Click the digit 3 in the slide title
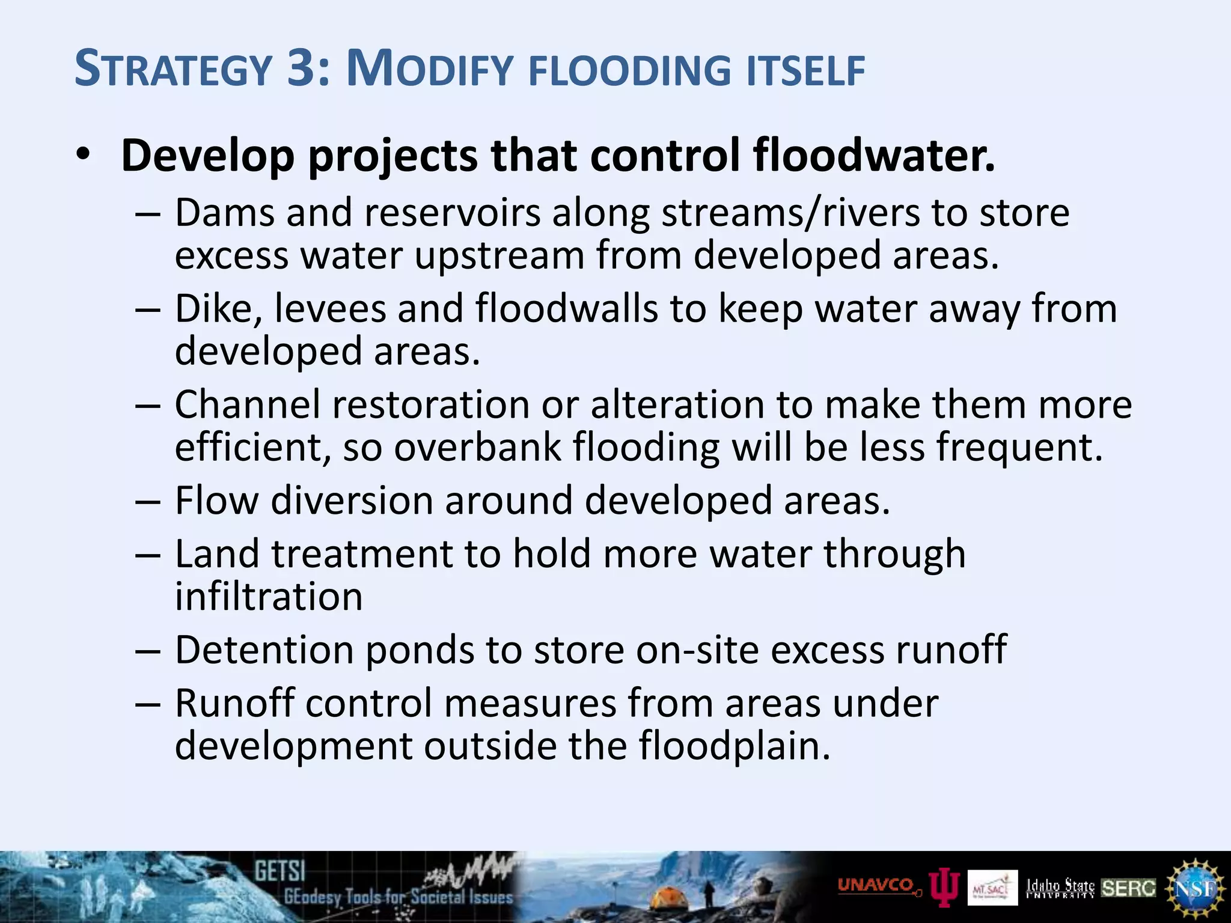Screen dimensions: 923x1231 [305, 69]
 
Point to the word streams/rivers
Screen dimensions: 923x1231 [790, 214]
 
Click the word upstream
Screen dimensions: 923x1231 [499, 256]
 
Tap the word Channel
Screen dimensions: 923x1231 [247, 404]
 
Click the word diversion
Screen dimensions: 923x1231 [352, 501]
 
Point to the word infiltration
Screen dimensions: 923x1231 [269, 597]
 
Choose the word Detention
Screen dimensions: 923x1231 [264, 650]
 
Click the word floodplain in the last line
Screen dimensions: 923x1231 [734, 746]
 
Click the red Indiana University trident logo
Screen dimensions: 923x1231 [944, 888]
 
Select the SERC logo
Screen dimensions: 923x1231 [1129, 888]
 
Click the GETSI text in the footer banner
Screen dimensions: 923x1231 [279, 871]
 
